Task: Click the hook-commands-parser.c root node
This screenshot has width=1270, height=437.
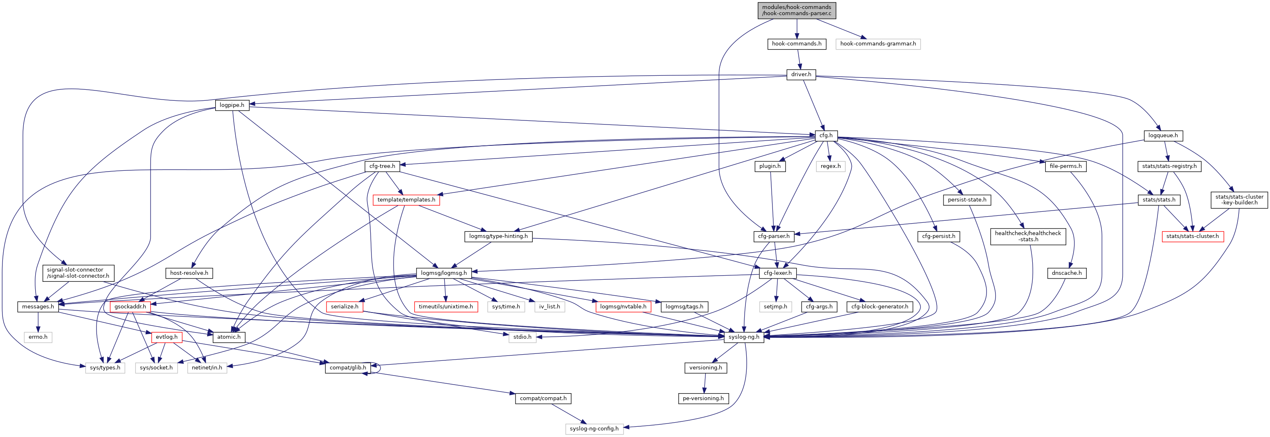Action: click(796, 10)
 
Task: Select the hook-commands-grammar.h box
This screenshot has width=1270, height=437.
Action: click(878, 44)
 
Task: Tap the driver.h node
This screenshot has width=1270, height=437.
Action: click(801, 75)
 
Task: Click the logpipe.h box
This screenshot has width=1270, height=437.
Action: click(232, 105)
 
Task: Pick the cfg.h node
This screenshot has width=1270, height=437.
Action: click(826, 136)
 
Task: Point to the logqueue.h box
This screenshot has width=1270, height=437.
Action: click(1162, 136)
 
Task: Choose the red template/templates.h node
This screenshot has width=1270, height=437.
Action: click(406, 200)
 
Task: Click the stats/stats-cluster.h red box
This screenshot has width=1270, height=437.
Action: click(1192, 236)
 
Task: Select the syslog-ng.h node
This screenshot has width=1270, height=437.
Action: click(743, 337)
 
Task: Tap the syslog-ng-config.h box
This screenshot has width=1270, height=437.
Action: click(594, 429)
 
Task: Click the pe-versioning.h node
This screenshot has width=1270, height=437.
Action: click(703, 398)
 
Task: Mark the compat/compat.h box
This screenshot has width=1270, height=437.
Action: click(543, 398)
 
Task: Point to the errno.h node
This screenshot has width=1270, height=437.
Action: click(38, 337)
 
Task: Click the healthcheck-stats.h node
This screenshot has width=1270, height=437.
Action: click(1027, 236)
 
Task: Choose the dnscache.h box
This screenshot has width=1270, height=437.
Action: click(1066, 273)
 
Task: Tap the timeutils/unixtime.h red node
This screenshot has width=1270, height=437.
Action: click(445, 306)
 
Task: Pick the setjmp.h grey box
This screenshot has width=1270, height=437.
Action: click(775, 306)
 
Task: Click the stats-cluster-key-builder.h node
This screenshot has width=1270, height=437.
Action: click(1239, 200)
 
